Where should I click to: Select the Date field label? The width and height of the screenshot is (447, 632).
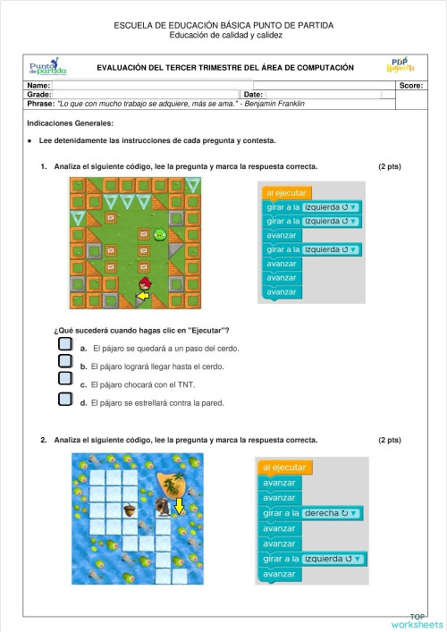[252, 94]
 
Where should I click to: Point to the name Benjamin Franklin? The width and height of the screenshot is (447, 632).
[274, 103]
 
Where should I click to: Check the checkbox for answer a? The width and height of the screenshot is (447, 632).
[64, 343]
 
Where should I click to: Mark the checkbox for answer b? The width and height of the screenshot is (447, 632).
[64, 361]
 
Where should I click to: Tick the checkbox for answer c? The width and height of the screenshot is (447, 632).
[64, 380]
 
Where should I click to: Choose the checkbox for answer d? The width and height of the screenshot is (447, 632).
[64, 399]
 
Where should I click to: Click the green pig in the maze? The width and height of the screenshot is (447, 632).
[160, 236]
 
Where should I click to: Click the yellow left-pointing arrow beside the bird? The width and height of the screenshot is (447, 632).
[142, 296]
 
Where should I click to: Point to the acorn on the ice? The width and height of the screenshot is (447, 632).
[128, 510]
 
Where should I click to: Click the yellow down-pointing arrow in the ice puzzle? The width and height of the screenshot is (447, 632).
[179, 507]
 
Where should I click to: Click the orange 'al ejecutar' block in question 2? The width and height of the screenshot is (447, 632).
[284, 468]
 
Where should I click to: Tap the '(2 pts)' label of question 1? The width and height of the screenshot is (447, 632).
[389, 167]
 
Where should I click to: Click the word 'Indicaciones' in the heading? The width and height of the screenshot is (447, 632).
[50, 122]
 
